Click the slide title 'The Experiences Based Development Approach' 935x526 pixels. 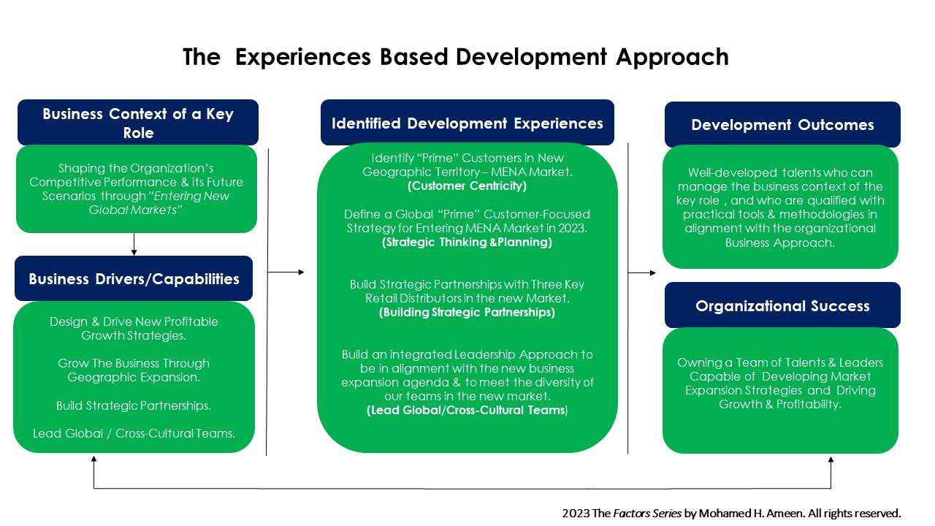tap(455, 57)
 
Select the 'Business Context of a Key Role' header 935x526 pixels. tap(138, 123)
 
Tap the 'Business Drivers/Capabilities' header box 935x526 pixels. tap(134, 279)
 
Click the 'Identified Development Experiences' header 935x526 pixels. tap(467, 123)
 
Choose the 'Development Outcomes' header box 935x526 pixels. tap(782, 125)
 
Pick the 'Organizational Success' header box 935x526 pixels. tap(782, 305)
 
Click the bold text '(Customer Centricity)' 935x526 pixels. tap(467, 186)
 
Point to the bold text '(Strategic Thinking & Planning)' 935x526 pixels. tap(467, 243)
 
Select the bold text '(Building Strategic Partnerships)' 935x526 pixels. tap(467, 313)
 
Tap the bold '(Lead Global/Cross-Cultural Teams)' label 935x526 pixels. tap(467, 411)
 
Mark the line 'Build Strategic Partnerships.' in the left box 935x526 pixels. tap(134, 405)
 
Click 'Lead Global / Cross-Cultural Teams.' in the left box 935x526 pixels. tap(134, 433)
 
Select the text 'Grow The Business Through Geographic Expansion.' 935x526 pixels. tap(134, 370)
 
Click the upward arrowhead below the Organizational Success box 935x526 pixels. tap(831, 461)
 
